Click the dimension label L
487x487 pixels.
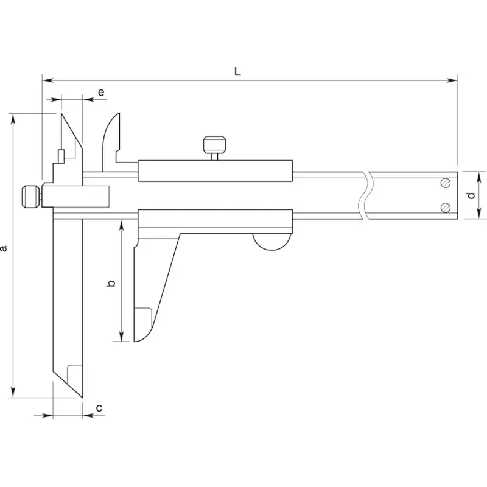tap(237, 72)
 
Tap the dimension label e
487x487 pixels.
tap(101, 93)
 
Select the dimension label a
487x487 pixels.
tap(4, 248)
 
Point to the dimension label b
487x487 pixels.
tap(111, 283)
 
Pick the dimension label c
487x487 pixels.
tap(99, 408)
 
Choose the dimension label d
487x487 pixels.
tap(471, 195)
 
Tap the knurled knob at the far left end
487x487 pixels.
tap(30, 197)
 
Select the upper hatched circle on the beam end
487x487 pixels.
tap(446, 183)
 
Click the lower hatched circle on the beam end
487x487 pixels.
tap(446, 208)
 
